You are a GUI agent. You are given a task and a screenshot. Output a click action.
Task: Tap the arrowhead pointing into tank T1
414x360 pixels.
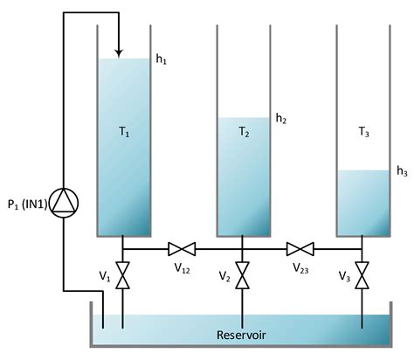point(121,49)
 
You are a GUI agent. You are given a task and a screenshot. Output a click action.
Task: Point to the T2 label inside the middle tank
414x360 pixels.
point(243,133)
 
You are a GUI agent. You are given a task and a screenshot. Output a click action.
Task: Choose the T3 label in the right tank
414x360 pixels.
point(363,133)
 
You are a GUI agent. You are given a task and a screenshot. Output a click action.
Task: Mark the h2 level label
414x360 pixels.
point(281,117)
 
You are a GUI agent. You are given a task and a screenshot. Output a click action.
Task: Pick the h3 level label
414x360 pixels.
point(402,170)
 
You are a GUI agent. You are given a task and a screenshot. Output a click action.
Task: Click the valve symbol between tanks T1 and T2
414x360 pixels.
point(183,249)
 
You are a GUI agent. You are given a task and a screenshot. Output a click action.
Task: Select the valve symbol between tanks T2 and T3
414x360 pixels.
point(303,249)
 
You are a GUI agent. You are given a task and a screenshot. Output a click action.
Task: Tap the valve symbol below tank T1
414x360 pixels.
point(122,276)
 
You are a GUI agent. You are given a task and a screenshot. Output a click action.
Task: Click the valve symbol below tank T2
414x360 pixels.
point(243,276)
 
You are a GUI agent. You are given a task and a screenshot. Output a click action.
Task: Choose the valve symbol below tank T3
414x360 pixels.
point(363,276)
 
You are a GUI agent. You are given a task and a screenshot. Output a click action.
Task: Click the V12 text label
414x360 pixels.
point(182,268)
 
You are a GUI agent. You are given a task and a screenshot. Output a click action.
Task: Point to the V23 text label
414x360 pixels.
point(301,268)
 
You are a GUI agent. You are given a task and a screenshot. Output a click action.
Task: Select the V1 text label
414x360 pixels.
point(104,276)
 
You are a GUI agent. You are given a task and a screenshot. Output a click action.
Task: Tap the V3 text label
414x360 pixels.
point(343,276)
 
